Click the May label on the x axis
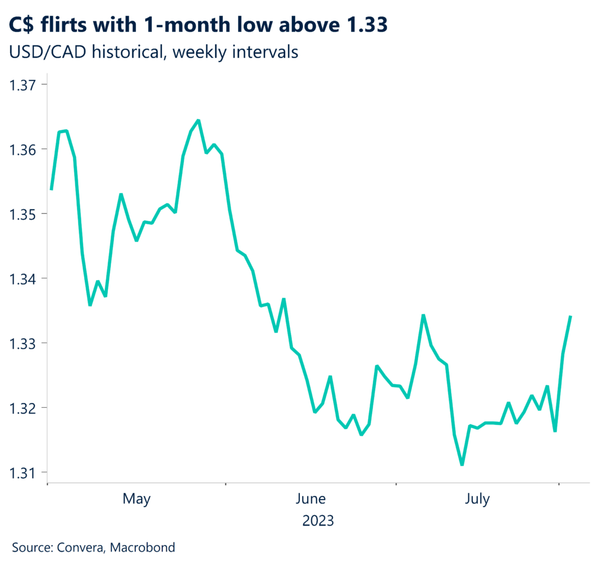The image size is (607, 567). tap(136, 500)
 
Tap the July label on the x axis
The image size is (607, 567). tap(477, 499)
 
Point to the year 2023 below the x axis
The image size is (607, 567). tap(318, 521)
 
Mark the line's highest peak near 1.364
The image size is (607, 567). tap(198, 121)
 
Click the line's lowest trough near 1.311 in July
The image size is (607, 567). tap(462, 465)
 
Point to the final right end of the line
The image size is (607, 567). tap(570, 317)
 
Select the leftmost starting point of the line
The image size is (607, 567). tap(52, 189)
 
